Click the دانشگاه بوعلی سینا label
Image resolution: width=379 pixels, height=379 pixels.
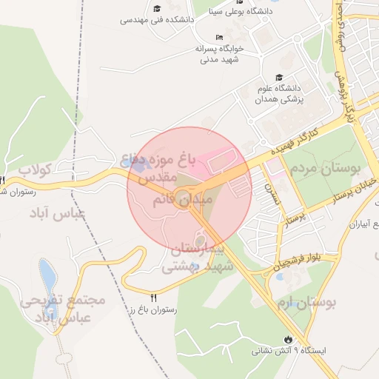[241, 11]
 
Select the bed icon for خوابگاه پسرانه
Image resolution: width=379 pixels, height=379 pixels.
[218, 37]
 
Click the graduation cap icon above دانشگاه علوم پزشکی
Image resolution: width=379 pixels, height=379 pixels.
[278, 77]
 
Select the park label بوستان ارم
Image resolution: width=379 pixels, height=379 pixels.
[312, 302]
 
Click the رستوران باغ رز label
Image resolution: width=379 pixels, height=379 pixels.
[153, 311]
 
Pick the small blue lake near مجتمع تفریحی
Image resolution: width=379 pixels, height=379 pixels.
[47, 276]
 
